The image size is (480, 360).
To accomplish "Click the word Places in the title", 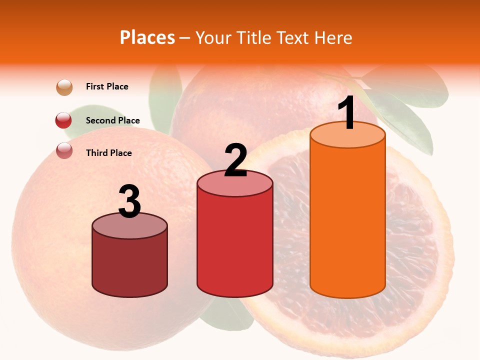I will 147,37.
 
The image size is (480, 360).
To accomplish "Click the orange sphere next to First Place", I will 64,87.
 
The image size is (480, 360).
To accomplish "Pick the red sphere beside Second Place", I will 64,120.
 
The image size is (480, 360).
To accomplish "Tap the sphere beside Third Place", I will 64,150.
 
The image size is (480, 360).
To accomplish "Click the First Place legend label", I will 107,86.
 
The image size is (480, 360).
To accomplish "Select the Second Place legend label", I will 112,120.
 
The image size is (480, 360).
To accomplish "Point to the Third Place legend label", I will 108,153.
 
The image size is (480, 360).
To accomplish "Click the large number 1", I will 347,113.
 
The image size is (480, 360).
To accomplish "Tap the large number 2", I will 236,160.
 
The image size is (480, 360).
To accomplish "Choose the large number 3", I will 129,201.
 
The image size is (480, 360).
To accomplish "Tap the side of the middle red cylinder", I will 235,245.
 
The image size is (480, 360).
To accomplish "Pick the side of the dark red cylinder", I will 130,265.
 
